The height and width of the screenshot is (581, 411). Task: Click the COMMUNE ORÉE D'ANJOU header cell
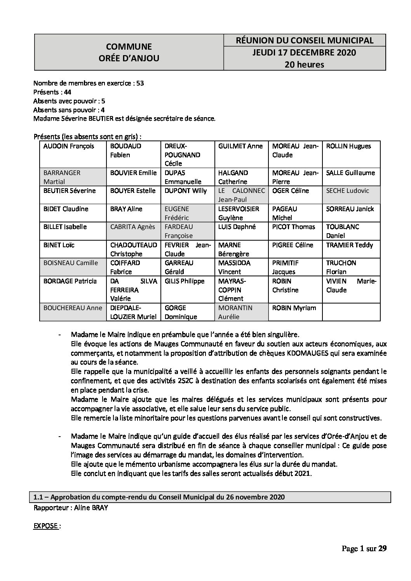coord(129,52)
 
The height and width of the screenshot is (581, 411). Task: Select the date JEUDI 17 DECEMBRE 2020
coord(304,52)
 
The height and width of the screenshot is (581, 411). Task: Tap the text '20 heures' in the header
coord(304,64)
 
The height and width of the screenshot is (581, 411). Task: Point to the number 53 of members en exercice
coord(140,83)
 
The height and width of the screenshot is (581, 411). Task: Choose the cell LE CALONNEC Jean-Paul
coord(241,195)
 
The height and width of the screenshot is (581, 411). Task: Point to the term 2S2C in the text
coord(202,381)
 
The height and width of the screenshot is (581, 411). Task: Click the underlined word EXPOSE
coord(46,526)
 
